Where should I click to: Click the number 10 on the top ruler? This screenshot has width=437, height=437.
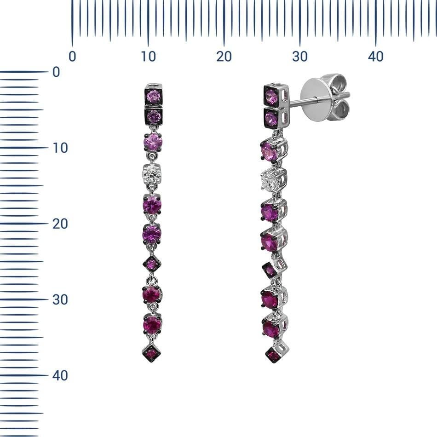(x=148, y=57)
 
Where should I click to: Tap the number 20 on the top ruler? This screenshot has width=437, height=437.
(x=224, y=57)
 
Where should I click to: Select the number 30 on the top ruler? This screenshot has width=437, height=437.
(x=299, y=57)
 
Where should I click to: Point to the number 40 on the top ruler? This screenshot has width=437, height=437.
(x=375, y=57)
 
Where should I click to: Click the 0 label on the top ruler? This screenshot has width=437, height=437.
(x=72, y=57)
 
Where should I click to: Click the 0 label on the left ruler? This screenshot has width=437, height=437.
(x=56, y=72)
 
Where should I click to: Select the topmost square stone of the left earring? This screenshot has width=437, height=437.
(x=153, y=96)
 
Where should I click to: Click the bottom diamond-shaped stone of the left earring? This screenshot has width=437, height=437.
(x=151, y=353)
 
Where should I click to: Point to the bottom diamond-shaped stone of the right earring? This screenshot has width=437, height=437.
(x=273, y=355)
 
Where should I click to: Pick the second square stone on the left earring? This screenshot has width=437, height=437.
(x=153, y=116)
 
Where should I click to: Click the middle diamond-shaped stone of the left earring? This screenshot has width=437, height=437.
(x=151, y=264)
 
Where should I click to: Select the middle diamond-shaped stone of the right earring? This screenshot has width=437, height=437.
(x=270, y=270)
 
